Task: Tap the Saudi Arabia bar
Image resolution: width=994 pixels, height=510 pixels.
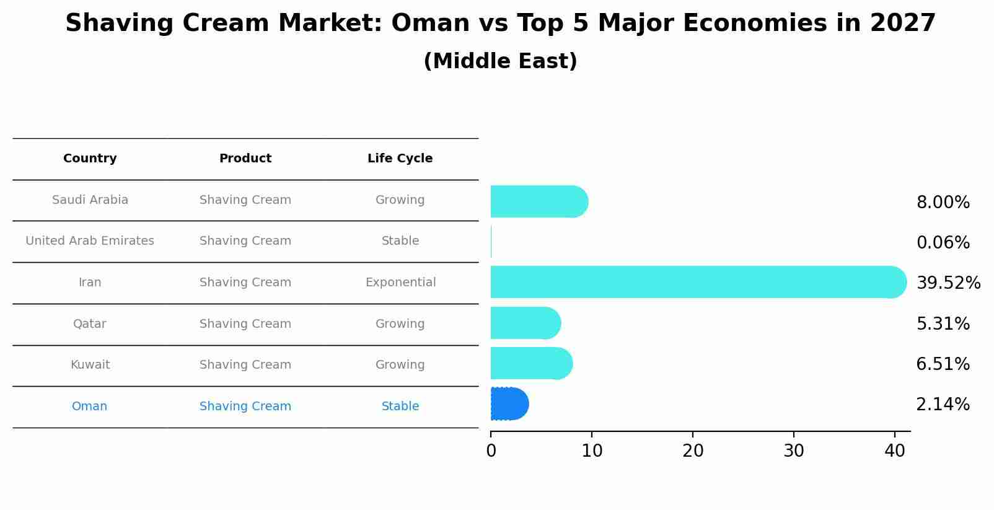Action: coord(539,201)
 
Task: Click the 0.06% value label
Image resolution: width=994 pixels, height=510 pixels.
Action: coord(943,242)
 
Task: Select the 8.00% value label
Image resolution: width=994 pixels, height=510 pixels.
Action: coord(943,202)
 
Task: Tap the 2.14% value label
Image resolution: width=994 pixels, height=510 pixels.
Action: coord(943,405)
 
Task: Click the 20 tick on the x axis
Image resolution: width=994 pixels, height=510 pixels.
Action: coord(693,451)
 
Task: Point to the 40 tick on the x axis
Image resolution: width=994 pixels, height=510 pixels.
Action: coord(894,451)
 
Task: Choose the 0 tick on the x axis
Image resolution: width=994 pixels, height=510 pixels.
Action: coord(491,451)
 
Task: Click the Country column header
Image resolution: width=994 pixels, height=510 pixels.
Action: coord(90,159)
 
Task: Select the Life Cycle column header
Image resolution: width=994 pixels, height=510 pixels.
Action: coord(400,159)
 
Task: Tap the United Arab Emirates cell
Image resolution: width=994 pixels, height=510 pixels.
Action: coord(90,241)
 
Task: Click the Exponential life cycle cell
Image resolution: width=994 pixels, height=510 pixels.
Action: coord(400,283)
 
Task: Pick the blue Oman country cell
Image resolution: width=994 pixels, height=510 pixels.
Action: coord(89,407)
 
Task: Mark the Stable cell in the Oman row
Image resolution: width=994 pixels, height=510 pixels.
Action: coord(400,407)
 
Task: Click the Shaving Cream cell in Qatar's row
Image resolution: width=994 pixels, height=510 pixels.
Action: coord(245,324)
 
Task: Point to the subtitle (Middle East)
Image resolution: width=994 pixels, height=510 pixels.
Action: coord(500,61)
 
